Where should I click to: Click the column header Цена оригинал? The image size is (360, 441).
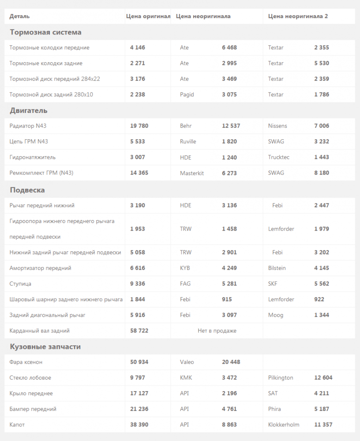[148, 16]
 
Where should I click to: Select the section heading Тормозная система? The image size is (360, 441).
[45, 32]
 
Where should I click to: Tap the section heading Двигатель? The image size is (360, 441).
[29, 110]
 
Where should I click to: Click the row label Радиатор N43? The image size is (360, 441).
[28, 126]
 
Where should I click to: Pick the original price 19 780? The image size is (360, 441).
[139, 126]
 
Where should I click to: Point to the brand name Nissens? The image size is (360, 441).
[277, 126]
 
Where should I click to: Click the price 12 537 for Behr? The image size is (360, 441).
[231, 126]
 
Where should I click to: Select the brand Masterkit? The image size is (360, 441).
[192, 173]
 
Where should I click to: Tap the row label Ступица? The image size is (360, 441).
[20, 284]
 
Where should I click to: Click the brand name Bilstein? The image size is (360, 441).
[277, 268]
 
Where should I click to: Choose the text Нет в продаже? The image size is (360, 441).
[217, 331]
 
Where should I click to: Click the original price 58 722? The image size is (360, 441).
[139, 331]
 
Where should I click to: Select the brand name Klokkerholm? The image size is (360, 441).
[284, 425]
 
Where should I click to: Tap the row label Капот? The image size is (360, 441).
[17, 425]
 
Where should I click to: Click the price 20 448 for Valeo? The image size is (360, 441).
[231, 362]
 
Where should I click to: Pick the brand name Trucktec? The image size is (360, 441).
[279, 157]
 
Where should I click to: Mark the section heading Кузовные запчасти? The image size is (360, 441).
[45, 347]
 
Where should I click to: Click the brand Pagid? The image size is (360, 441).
[187, 94]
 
